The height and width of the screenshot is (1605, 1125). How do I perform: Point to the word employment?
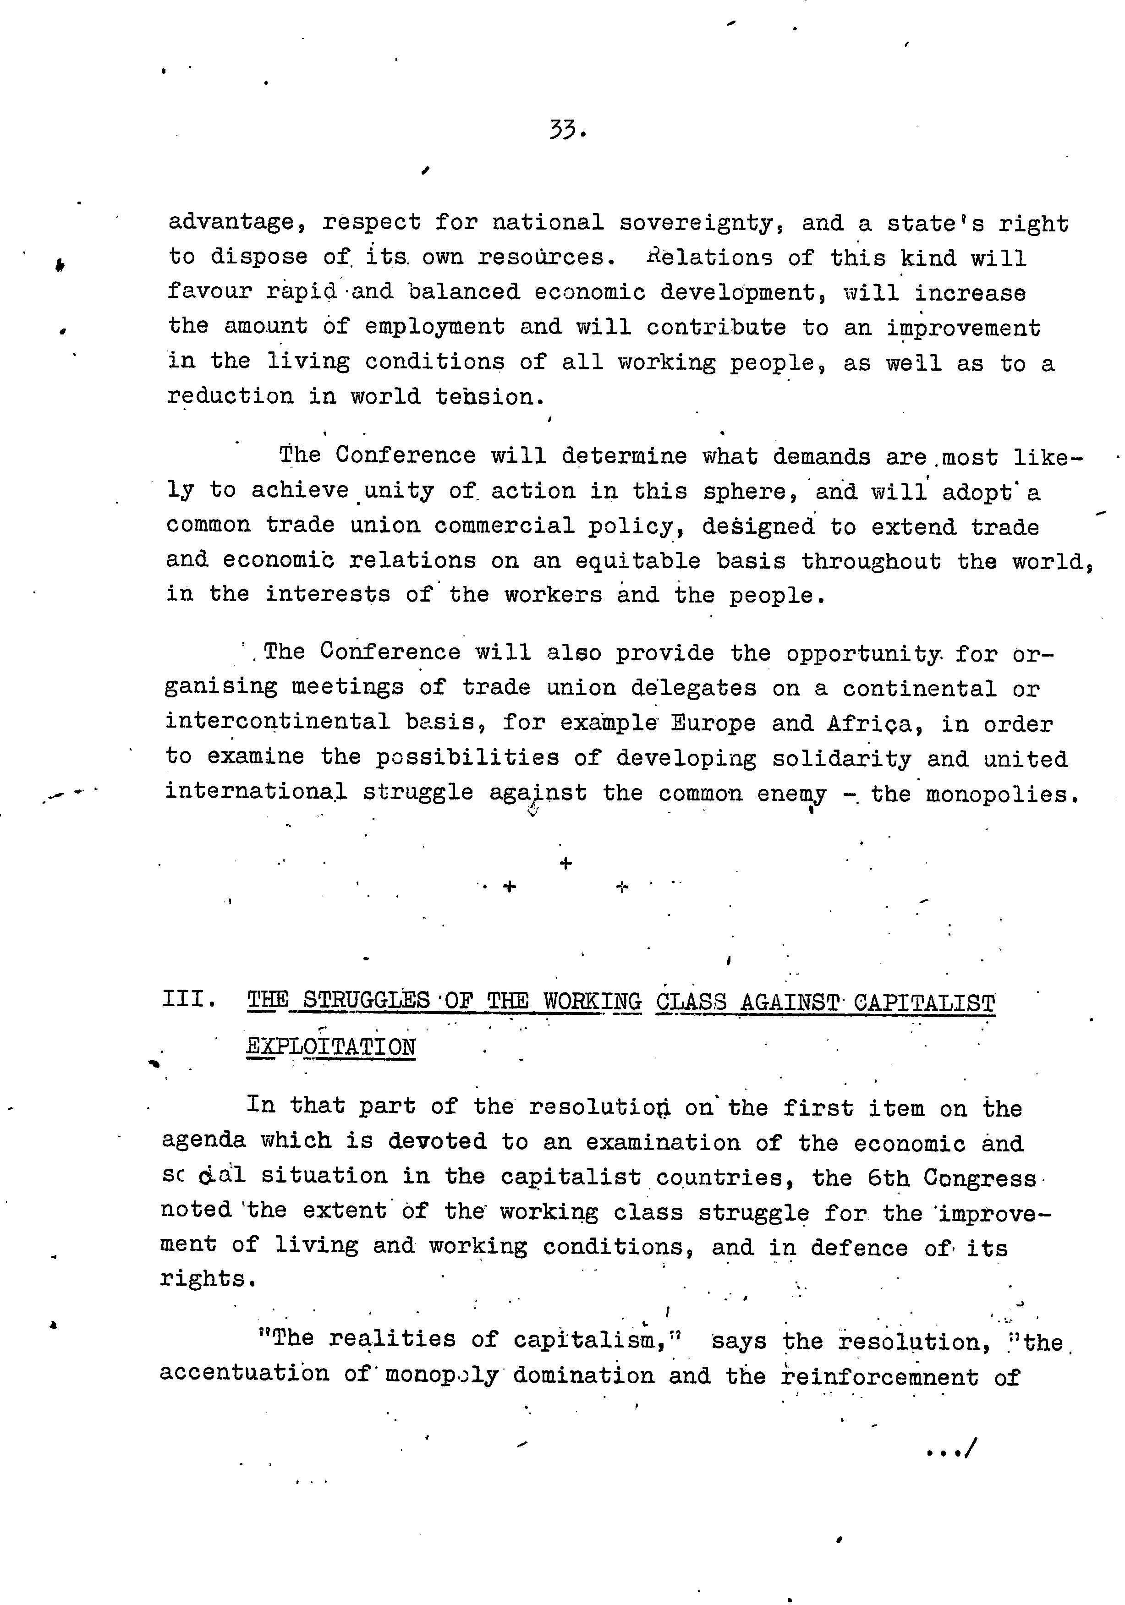click(x=434, y=327)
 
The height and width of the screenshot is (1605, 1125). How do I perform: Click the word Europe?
click(x=713, y=723)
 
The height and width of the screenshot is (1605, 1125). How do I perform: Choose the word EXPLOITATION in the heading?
click(x=331, y=1047)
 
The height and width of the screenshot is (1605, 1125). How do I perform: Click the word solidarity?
click(x=849, y=759)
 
